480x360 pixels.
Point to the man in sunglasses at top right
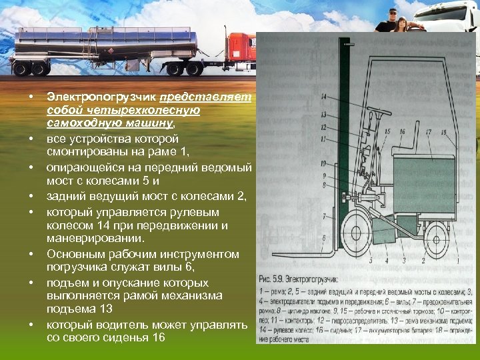click(388, 19)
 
